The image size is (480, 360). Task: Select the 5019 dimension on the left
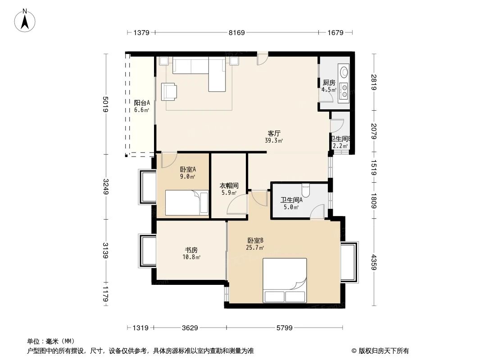pos(106,104)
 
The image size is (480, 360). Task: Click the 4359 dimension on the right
pos(374,262)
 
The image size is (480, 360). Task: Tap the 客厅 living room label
pos(274,134)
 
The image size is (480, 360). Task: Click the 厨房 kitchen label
pos(329,83)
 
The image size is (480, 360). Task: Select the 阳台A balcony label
pos(142,103)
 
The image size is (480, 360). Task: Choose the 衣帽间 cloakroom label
pos(229,185)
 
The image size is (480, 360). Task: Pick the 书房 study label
pos(191,250)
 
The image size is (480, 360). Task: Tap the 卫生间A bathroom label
pos(291,200)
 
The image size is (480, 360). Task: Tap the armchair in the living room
pos(169,91)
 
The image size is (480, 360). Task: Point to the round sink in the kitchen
pos(344,72)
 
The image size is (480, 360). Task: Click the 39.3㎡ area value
pos(274,141)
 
